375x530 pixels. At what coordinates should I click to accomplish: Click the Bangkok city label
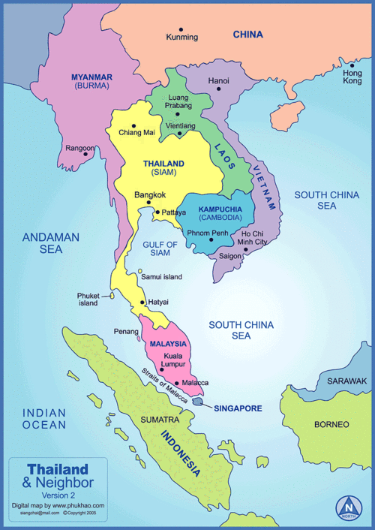point(149,195)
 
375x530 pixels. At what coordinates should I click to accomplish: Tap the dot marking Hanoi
point(219,89)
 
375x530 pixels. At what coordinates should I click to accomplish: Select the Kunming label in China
point(181,37)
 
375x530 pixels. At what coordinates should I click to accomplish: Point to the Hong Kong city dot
point(350,65)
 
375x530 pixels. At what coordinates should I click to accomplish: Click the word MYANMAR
point(91,77)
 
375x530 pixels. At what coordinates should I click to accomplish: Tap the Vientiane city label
point(181,125)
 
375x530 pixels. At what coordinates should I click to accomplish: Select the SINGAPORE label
point(238,408)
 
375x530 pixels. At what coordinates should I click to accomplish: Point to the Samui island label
point(161,277)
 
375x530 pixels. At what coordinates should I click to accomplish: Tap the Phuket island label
point(88,300)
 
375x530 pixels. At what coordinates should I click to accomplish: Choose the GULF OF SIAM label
point(160,249)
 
